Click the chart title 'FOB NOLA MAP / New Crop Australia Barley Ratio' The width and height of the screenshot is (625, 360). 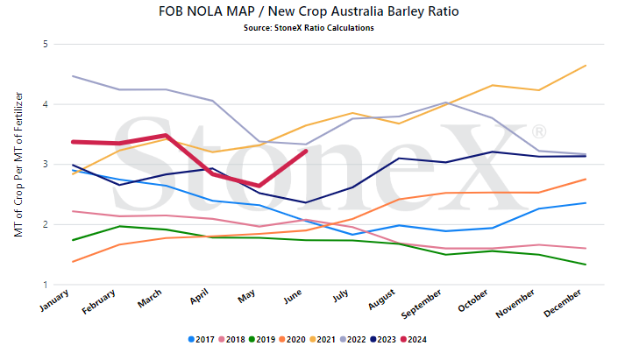click(309, 11)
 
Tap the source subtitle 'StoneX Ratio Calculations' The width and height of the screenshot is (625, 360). click(324, 28)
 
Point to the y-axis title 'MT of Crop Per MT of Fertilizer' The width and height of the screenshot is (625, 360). click(18, 165)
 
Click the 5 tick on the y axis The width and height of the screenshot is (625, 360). click(46, 44)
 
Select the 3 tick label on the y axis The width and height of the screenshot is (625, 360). click(46, 164)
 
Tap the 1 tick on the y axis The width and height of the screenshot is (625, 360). click(46, 285)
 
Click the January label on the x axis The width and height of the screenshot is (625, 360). click(54, 300)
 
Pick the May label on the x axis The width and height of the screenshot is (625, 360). click(246, 296)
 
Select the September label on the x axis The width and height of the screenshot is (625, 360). click(422, 304)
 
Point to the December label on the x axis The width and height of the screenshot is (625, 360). click(562, 303)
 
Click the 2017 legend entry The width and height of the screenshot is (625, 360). click(202, 340)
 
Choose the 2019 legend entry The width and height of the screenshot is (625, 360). click(262, 340)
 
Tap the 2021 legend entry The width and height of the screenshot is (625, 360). click(323, 340)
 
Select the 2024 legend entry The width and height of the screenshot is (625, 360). click(414, 340)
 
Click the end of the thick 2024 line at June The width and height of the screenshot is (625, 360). click(306, 151)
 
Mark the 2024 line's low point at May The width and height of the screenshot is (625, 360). click(259, 186)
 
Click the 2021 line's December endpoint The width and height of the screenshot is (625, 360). click(586, 66)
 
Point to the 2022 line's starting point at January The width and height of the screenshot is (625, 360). click(72, 75)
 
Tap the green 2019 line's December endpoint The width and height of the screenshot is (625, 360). click(586, 265)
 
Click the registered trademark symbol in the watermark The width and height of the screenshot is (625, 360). click(539, 131)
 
